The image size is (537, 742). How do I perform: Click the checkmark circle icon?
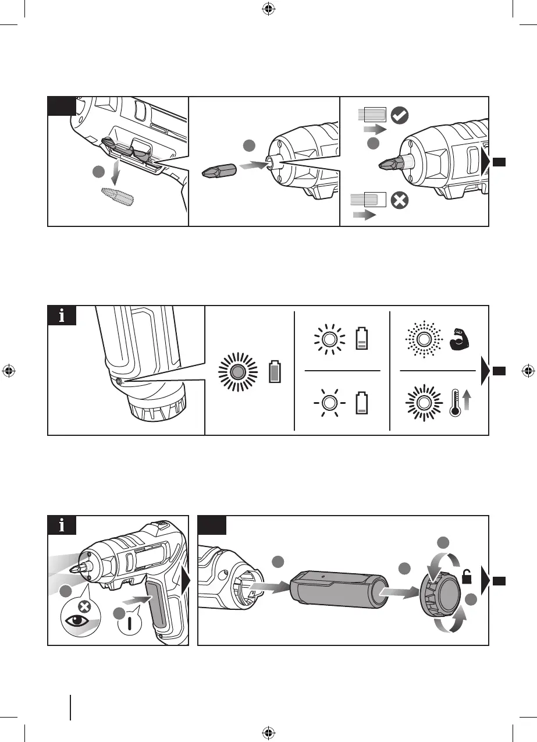399,115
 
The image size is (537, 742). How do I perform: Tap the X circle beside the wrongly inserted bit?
400,201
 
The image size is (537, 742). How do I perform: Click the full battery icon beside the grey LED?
274,371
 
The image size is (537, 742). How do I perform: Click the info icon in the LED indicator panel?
62,317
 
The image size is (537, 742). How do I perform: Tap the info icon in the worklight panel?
62,526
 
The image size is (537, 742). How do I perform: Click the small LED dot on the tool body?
119,381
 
